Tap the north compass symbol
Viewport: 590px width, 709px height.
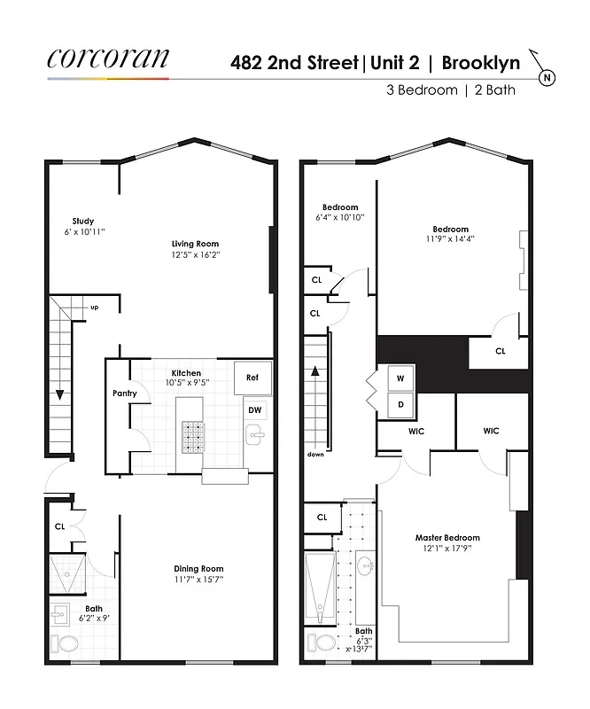547,75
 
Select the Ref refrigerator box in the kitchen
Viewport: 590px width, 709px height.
252,378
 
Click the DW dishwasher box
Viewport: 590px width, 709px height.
254,410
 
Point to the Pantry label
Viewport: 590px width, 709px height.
123,393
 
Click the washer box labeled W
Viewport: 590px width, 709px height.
400,378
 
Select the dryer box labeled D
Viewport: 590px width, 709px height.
400,405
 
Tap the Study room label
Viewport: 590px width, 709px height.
83,222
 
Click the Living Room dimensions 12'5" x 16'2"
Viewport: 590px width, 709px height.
195,254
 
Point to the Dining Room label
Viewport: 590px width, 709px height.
198,569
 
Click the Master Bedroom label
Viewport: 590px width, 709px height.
447,538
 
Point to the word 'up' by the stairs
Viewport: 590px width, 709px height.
94,308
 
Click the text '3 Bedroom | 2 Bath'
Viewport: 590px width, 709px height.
450,90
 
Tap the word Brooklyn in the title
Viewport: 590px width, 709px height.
481,62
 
